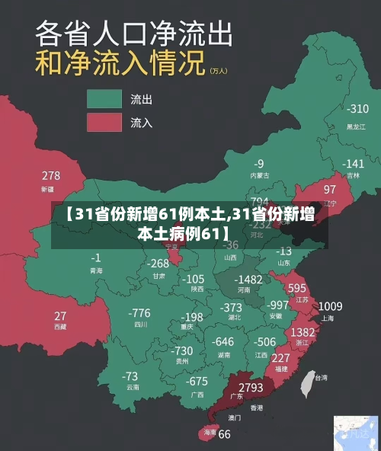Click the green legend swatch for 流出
104,99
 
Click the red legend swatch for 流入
104,122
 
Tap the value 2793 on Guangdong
251,388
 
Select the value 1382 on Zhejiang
303,332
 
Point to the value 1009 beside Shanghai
329,306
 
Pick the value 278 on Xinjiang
51,176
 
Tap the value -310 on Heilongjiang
357,109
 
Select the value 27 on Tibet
60,315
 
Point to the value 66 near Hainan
224,434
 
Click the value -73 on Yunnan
130,376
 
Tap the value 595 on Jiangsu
296,288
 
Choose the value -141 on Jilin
352,163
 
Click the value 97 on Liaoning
329,189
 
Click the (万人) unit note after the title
218,71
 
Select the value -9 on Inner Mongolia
259,163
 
